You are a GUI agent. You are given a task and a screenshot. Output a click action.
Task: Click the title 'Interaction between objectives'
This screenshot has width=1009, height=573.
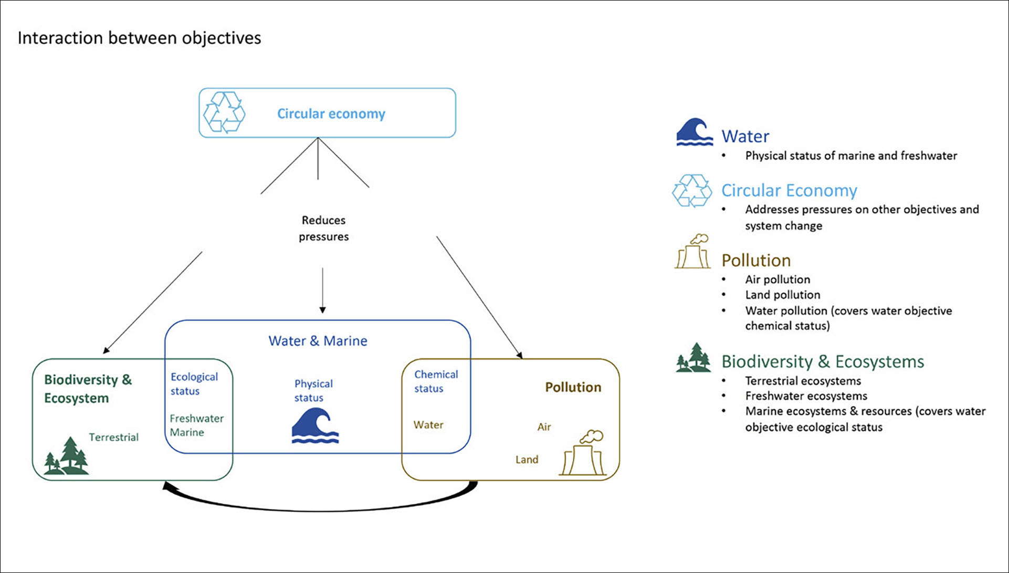(x=139, y=38)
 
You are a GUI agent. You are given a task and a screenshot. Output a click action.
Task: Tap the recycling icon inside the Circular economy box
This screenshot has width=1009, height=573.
(x=224, y=112)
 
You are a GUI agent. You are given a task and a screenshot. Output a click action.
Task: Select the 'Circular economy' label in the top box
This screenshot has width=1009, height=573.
(x=331, y=114)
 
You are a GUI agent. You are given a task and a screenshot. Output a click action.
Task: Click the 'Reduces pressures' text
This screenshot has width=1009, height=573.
(x=323, y=228)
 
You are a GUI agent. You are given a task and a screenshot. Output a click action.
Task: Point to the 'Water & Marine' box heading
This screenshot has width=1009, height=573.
(x=318, y=341)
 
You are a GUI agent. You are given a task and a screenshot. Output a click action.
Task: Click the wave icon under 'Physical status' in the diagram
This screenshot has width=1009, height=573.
(x=315, y=425)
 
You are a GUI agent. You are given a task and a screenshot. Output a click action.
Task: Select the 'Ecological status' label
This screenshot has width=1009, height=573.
(x=194, y=384)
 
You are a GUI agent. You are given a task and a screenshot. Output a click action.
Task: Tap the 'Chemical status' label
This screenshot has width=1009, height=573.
(x=436, y=381)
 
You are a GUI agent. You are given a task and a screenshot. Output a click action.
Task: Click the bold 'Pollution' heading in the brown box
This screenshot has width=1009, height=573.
(x=573, y=388)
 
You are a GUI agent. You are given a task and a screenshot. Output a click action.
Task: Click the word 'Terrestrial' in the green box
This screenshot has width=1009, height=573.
(x=113, y=437)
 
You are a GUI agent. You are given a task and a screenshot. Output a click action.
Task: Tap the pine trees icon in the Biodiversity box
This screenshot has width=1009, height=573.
(x=66, y=455)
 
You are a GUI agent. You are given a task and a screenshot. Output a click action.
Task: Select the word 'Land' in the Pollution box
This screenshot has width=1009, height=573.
(x=527, y=460)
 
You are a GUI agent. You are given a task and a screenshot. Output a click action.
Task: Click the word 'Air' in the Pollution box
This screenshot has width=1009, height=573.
(x=544, y=427)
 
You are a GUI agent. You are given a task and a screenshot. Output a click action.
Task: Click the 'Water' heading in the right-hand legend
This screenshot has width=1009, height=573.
(x=745, y=137)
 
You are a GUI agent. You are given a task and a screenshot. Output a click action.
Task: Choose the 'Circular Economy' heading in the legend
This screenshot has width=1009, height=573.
(x=789, y=191)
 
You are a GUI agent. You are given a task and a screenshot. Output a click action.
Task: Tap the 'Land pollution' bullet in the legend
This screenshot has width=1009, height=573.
(x=782, y=295)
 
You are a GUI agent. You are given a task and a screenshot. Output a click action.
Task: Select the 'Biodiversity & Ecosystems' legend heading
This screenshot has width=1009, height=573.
(x=823, y=362)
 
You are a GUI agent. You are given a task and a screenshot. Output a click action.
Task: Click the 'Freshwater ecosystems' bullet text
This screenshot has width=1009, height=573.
(x=806, y=396)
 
